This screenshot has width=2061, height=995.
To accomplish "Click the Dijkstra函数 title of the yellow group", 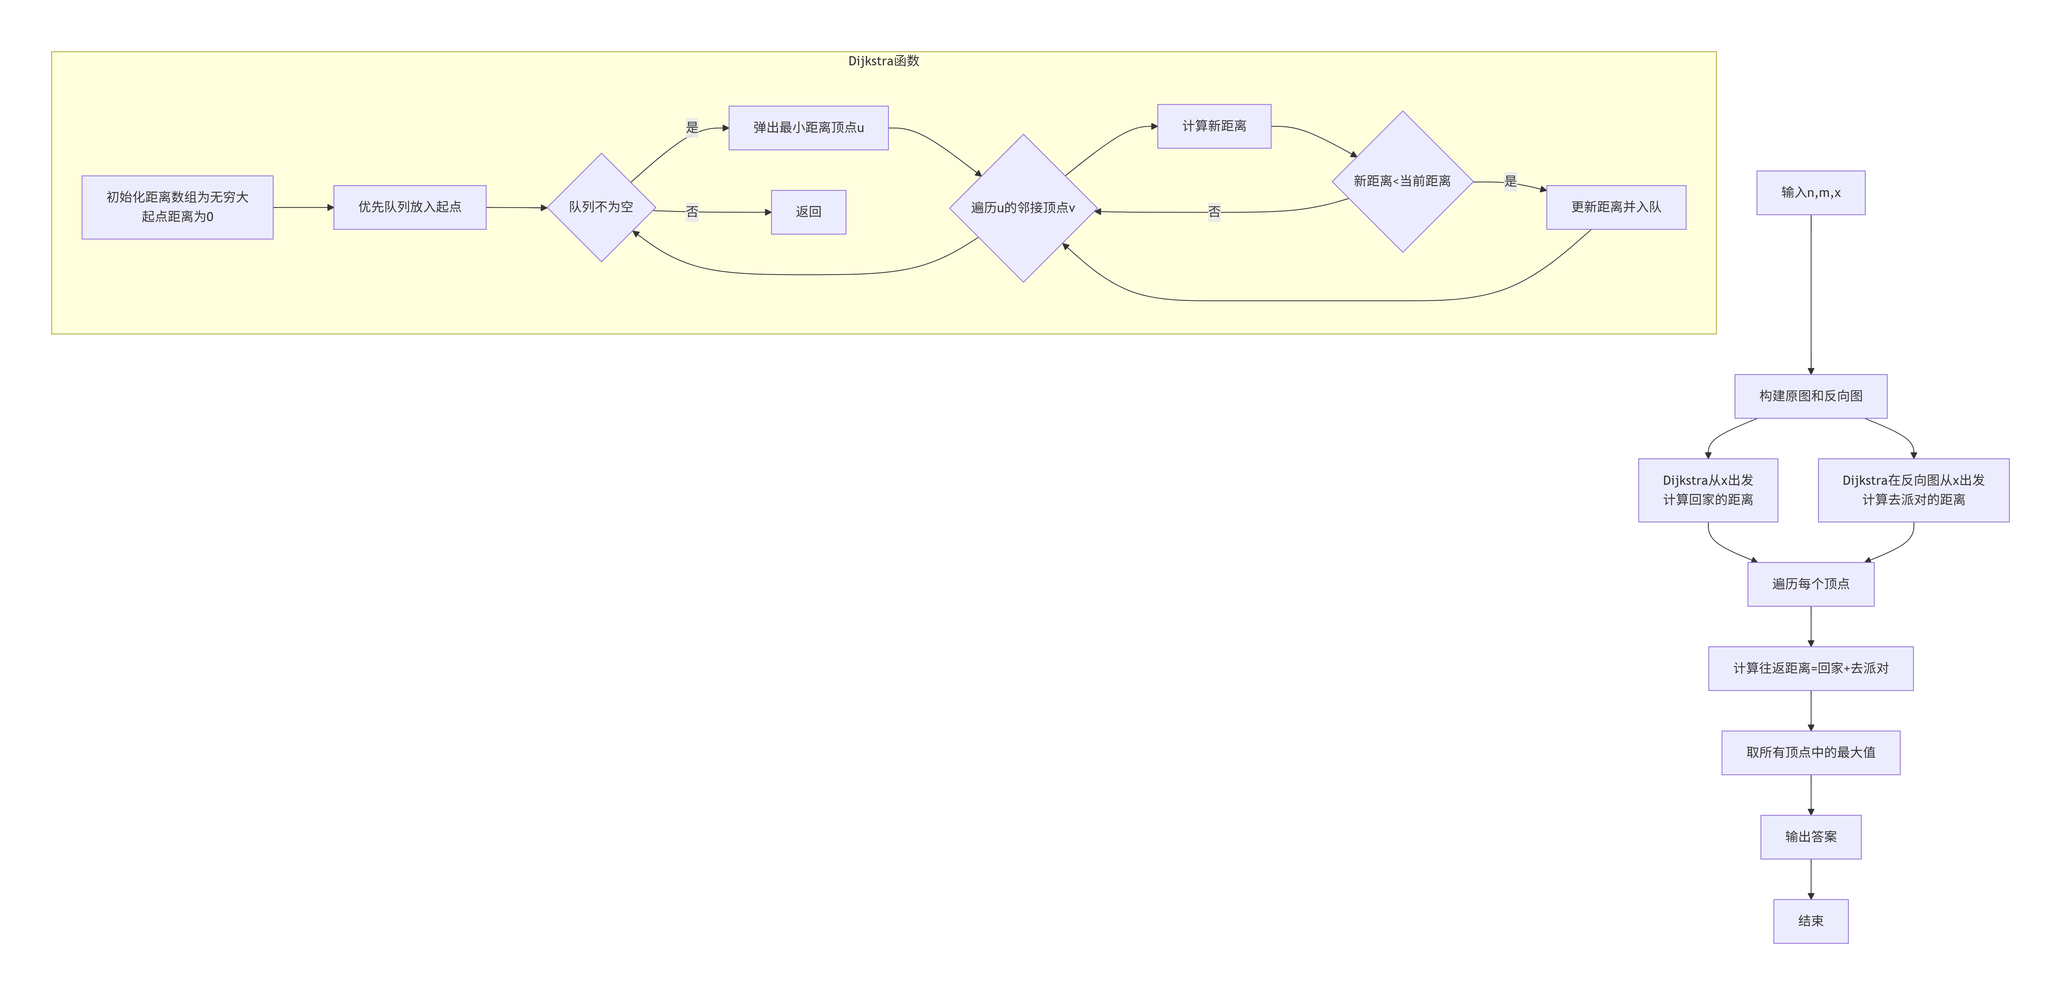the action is (x=883, y=61).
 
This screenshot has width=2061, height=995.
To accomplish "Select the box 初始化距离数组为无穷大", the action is (x=178, y=207).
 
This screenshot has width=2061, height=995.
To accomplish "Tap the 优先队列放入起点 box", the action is (x=410, y=207).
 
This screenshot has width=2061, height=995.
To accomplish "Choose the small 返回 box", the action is (x=808, y=212).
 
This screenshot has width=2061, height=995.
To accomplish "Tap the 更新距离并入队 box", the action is (x=1616, y=207).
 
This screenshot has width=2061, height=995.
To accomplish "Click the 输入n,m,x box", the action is (x=1810, y=193).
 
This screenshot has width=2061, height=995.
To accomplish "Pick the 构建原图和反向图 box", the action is (x=1810, y=396).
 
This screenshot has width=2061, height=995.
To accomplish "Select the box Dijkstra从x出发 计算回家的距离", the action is (x=1708, y=490).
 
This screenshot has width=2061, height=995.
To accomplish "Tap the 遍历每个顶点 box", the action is (x=1810, y=584).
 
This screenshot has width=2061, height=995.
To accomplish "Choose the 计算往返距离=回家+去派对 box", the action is (x=1810, y=668).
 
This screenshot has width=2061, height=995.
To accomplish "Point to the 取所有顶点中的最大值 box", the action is (x=1810, y=752).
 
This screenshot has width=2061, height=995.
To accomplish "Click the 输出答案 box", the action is (x=1810, y=837).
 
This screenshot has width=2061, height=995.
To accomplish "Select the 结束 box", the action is (x=1810, y=921).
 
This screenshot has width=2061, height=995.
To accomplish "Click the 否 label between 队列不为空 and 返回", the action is (x=692, y=212).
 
